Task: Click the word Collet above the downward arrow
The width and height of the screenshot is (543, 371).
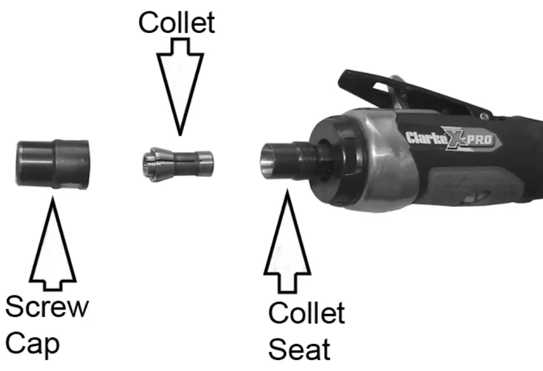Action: [x=177, y=23]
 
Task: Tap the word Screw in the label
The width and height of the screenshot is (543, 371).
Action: [x=47, y=308]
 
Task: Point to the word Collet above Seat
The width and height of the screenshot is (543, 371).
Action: [x=306, y=313]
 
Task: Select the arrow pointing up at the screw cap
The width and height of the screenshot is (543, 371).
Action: [x=53, y=241]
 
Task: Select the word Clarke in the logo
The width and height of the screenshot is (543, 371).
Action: [x=425, y=138]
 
